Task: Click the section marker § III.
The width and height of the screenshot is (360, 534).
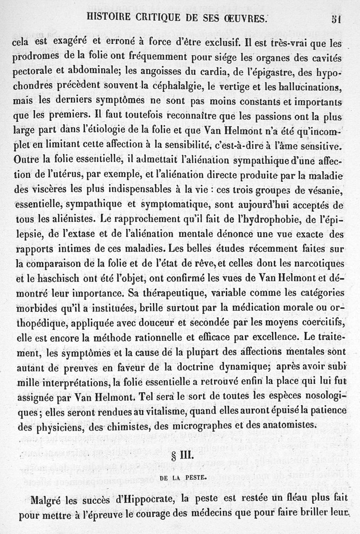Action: (182, 455)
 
